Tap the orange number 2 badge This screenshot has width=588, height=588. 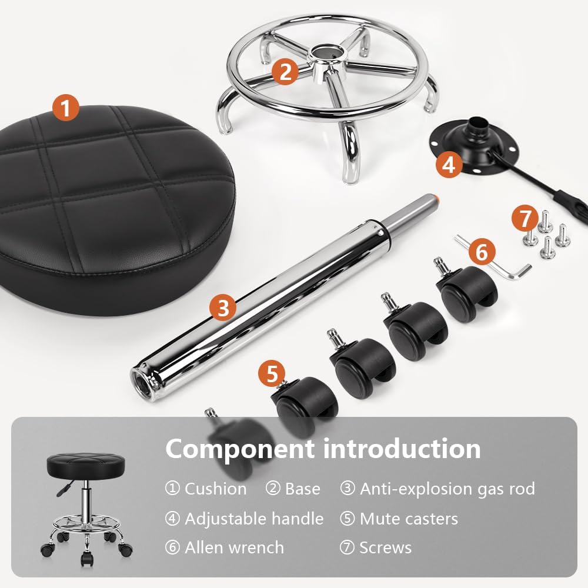click(285, 72)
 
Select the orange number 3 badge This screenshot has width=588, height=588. click(223, 307)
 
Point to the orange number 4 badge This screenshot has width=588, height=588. click(449, 164)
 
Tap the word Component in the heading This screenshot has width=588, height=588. click(239, 449)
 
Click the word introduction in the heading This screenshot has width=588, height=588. click(402, 449)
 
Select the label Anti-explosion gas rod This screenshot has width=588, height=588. click(447, 489)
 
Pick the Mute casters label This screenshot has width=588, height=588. click(409, 519)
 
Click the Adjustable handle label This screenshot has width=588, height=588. click(254, 519)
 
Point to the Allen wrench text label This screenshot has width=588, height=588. click(234, 548)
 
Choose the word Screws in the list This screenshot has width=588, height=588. click(385, 548)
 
